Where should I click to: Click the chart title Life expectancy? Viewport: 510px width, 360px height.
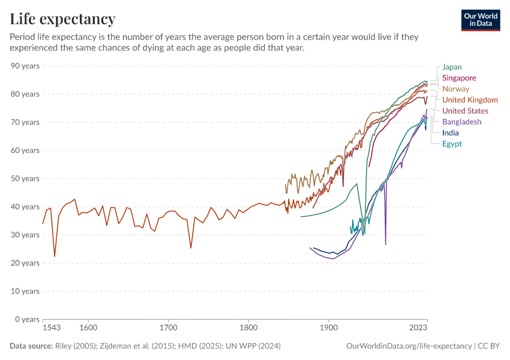[62, 19]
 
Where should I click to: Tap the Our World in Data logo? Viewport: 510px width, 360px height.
[480, 20]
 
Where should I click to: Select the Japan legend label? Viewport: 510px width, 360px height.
[452, 67]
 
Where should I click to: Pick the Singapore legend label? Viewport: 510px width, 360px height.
[459, 78]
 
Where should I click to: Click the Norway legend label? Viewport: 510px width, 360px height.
[455, 89]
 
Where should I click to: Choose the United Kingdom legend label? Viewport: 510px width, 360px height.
[470, 100]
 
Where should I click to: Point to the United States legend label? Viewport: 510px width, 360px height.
[465, 110]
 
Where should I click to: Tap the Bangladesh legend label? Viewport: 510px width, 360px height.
[461, 122]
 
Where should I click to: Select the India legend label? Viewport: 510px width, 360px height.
[450, 133]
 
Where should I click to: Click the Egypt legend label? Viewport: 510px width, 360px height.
[452, 143]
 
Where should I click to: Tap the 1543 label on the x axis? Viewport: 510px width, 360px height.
[52, 329]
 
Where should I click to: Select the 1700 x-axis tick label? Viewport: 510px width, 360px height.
[169, 329]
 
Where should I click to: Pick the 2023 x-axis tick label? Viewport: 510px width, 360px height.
[418, 329]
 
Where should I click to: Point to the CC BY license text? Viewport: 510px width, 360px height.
[490, 346]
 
